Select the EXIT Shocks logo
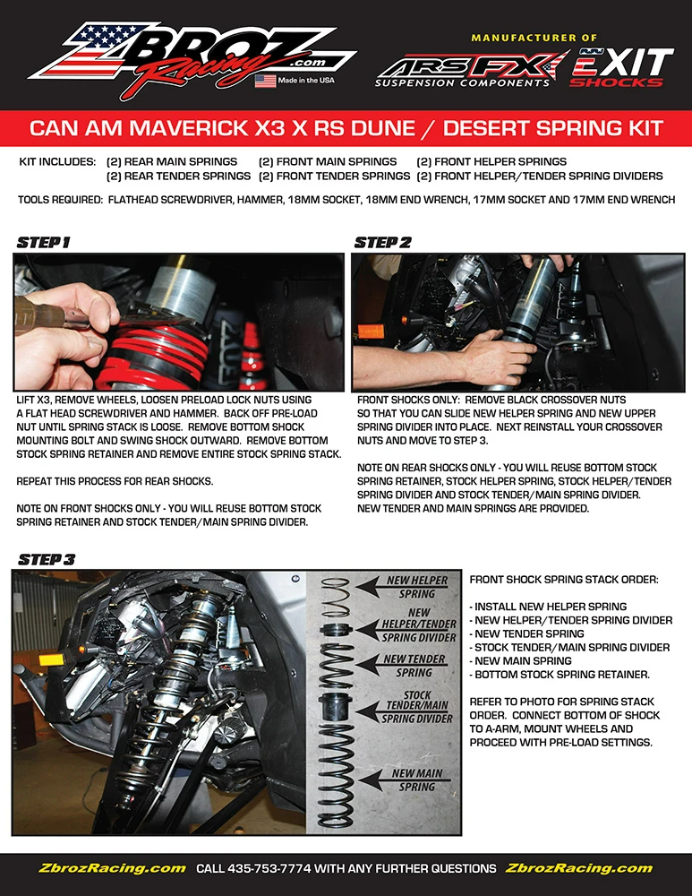click(622, 67)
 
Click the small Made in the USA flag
click(266, 81)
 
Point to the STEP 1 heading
click(43, 243)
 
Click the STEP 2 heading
click(382, 243)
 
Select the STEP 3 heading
click(47, 559)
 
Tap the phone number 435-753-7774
click(269, 868)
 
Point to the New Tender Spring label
click(414, 666)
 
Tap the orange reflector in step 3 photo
click(51, 660)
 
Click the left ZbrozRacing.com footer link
click(112, 868)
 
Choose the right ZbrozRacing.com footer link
click(578, 868)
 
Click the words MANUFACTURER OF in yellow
click(534, 38)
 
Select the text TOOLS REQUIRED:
click(61, 200)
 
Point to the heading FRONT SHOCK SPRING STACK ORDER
click(564, 580)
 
